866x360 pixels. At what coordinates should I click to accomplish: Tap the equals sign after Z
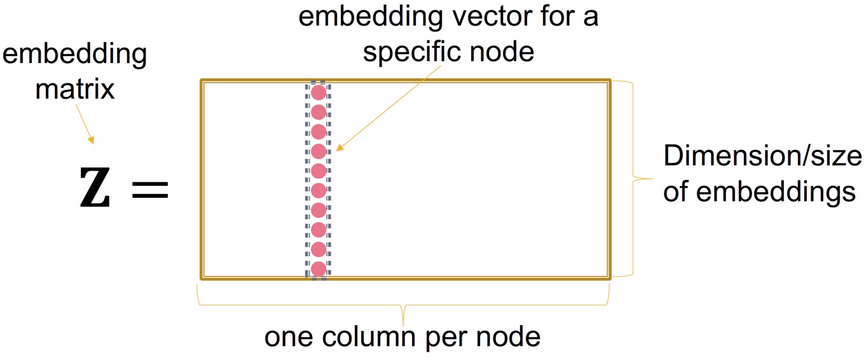click(150, 190)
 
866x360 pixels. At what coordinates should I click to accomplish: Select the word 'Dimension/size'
click(762, 156)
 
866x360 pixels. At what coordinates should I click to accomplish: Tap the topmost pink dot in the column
click(319, 93)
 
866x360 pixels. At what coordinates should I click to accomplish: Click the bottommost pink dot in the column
click(319, 268)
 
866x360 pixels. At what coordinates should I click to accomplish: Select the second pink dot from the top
click(319, 112)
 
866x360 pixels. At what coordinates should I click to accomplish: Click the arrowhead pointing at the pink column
click(339, 149)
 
